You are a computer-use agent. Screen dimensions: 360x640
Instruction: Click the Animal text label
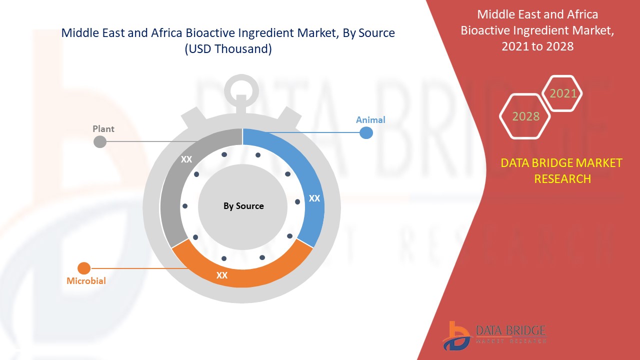tap(370, 119)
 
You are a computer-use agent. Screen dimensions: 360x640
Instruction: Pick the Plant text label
tap(103, 129)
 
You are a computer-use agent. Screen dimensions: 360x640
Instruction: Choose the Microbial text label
tap(86, 281)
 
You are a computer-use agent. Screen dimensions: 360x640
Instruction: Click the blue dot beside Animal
tap(366, 132)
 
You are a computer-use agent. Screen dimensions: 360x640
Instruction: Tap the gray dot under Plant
tap(100, 141)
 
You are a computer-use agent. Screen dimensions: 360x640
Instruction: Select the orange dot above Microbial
tap(84, 268)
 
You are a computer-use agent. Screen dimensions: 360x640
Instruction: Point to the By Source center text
tap(243, 206)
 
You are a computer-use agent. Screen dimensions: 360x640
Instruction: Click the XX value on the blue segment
tap(314, 198)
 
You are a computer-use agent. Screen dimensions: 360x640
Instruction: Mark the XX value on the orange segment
tap(221, 275)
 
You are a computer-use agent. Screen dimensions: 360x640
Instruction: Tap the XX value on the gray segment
tap(186, 159)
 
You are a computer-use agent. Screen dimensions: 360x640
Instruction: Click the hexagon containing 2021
tap(563, 93)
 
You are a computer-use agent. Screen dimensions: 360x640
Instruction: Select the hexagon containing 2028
tap(525, 116)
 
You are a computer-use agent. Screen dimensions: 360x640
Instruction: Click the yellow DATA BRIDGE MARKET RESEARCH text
tap(562, 170)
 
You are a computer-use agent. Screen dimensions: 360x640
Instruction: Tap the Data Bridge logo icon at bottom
tap(456, 335)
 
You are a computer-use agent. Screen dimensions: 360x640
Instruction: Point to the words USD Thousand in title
tap(228, 49)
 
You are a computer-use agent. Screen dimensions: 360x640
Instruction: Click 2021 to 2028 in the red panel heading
tap(538, 46)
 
